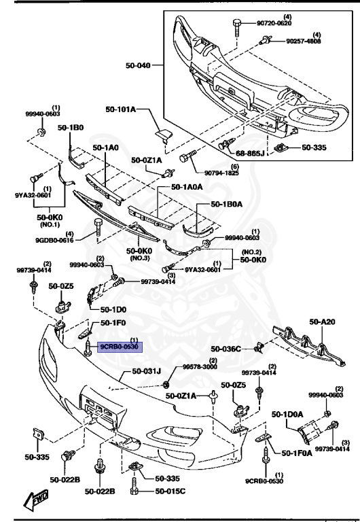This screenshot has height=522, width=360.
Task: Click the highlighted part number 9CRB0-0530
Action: (120, 347)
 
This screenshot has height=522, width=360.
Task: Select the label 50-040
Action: (139, 65)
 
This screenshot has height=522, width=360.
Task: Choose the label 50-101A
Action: (120, 109)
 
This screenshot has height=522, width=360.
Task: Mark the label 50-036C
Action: (226, 349)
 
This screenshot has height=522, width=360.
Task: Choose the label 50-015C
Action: (170, 491)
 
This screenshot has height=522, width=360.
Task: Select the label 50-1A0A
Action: (187, 186)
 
